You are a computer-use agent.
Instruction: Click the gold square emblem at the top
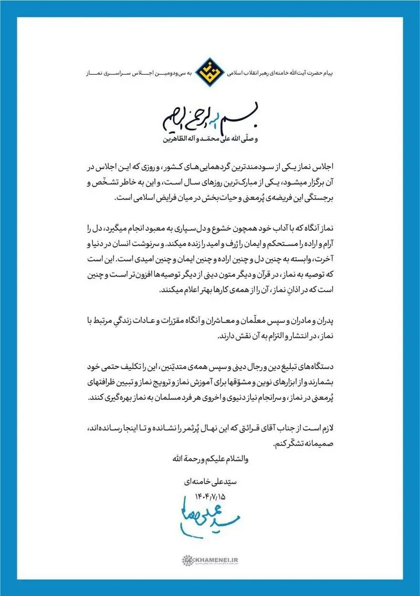point(209,68)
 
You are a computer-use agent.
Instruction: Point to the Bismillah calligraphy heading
point(209,121)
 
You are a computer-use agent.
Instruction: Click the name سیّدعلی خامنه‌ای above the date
point(211,481)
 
